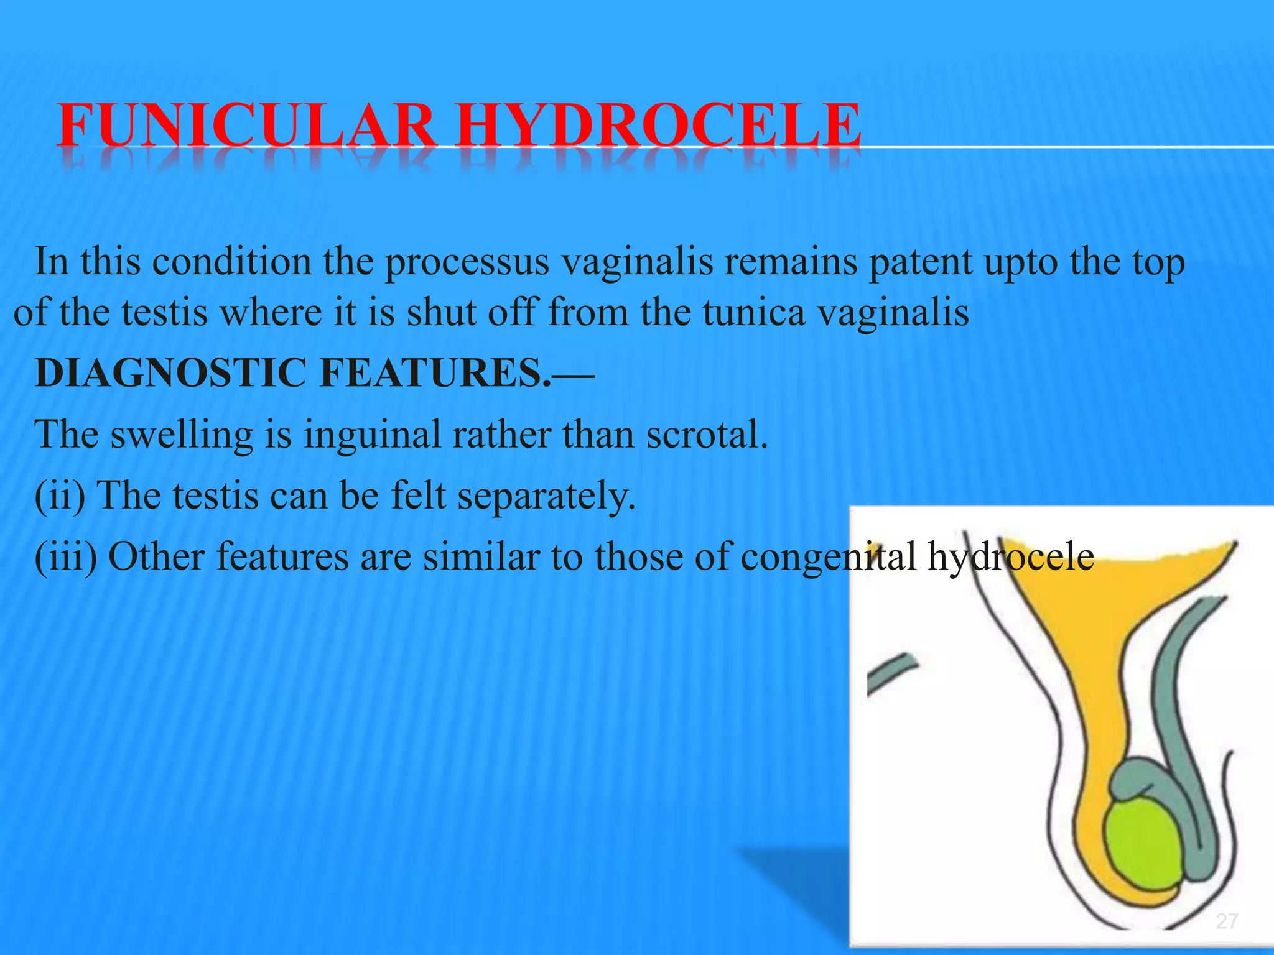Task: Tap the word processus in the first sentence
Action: click(467, 262)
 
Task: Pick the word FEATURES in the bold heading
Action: click(435, 373)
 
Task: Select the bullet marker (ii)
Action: click(60, 496)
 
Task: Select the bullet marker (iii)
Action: click(66, 556)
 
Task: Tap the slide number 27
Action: click(1227, 921)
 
